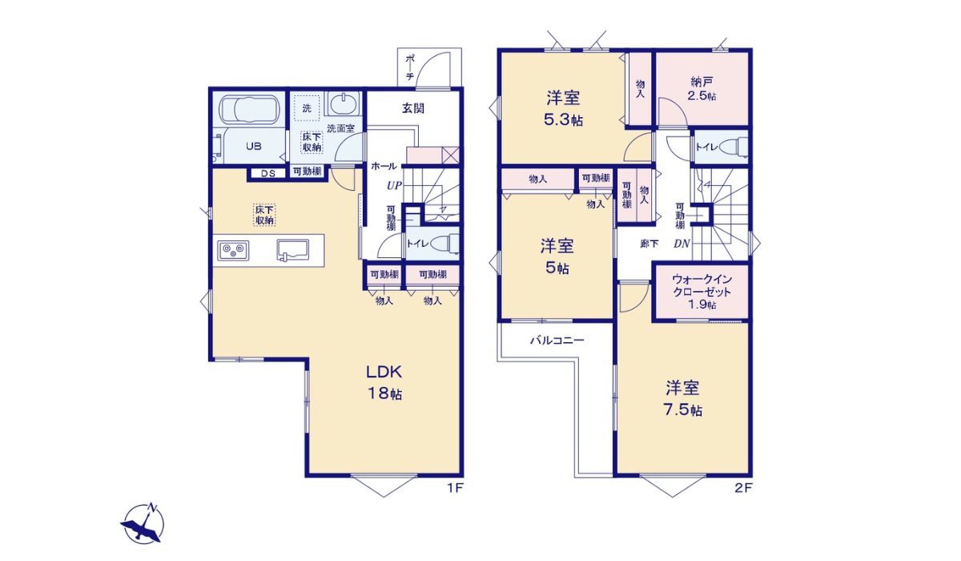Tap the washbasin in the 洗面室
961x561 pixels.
point(344,103)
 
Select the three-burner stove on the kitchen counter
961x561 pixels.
point(233,251)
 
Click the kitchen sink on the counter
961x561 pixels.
point(292,250)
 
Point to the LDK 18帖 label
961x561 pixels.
point(384,383)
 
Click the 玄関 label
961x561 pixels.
point(413,108)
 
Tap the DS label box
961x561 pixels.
point(268,173)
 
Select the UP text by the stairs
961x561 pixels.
point(394,185)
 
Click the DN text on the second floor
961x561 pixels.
point(682,244)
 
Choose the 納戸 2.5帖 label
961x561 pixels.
point(702,88)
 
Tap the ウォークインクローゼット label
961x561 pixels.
point(702,292)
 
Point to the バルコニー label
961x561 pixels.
point(557,341)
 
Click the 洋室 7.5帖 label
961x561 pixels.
point(683,398)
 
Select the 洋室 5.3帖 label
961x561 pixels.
point(563,109)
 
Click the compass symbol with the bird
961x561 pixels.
point(143,523)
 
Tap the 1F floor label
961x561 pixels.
point(456,488)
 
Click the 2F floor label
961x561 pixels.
point(743,488)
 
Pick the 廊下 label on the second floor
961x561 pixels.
point(649,244)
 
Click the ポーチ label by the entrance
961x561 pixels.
point(410,67)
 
